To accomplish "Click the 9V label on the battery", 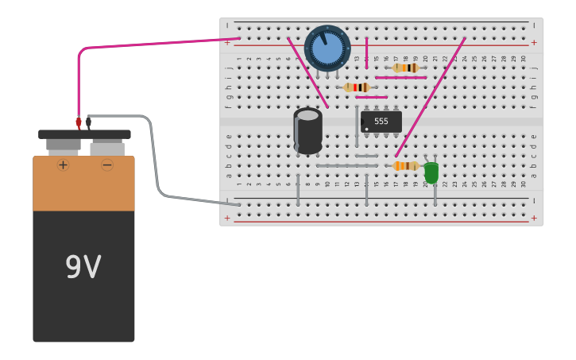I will (x=83, y=268).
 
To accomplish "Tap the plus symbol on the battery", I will (x=63, y=165).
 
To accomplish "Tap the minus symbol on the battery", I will (x=106, y=165).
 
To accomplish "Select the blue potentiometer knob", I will (x=327, y=48).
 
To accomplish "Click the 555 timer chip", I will (x=381, y=122).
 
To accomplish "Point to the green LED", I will (x=431, y=172).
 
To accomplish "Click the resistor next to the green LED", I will (x=406, y=166).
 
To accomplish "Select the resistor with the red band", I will (x=357, y=87).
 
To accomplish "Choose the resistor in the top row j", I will (x=406, y=68).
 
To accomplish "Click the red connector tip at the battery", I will (x=79, y=122).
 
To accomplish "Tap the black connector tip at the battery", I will (x=89, y=122).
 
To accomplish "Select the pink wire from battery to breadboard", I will (x=159, y=44).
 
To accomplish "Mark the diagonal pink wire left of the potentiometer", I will (x=307, y=73).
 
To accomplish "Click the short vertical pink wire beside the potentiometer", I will (x=366, y=52).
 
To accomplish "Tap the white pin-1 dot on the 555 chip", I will (x=366, y=129).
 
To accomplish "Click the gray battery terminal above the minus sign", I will (x=106, y=147).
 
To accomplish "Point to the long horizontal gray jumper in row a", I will (x=346, y=165).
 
